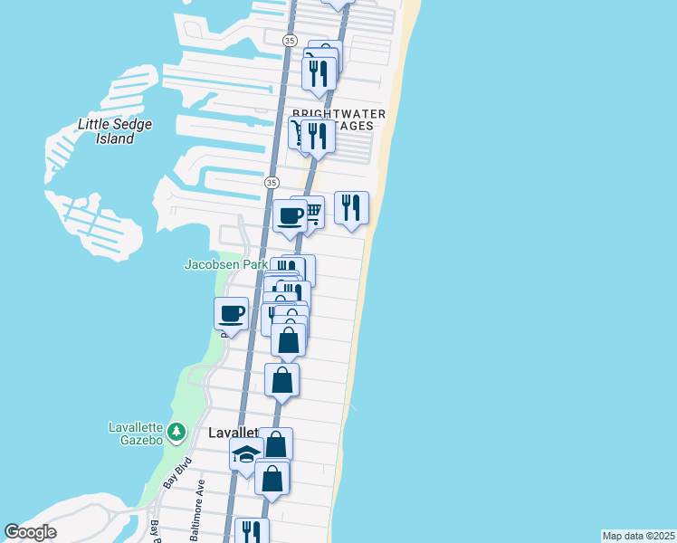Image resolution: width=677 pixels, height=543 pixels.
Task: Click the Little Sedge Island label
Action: tap(115, 131)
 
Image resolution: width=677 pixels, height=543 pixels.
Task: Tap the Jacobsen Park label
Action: tap(225, 265)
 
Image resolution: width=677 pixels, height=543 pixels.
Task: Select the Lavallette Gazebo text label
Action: tap(136, 433)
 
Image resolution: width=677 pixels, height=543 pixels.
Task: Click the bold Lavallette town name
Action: tap(234, 433)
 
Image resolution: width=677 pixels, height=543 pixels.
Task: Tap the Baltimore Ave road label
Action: tap(198, 512)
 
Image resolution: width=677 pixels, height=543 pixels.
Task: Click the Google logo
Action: tap(30, 532)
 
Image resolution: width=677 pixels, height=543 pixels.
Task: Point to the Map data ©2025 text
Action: tap(638, 536)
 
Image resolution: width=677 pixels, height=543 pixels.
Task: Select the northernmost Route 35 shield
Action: tap(289, 41)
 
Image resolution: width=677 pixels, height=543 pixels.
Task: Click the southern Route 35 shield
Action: tap(271, 182)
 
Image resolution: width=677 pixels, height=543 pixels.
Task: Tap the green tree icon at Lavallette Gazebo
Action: tap(176, 432)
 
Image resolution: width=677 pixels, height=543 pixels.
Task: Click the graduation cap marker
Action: tap(246, 456)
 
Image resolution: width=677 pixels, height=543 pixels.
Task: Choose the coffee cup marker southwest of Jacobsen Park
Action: tap(232, 314)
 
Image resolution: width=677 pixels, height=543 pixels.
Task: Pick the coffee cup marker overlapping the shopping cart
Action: tap(290, 216)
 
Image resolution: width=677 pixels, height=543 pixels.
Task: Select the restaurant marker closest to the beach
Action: tap(351, 208)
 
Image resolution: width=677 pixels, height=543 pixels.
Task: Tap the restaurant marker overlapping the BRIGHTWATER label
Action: tap(318, 135)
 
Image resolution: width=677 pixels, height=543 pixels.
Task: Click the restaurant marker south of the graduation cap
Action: tap(252, 532)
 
